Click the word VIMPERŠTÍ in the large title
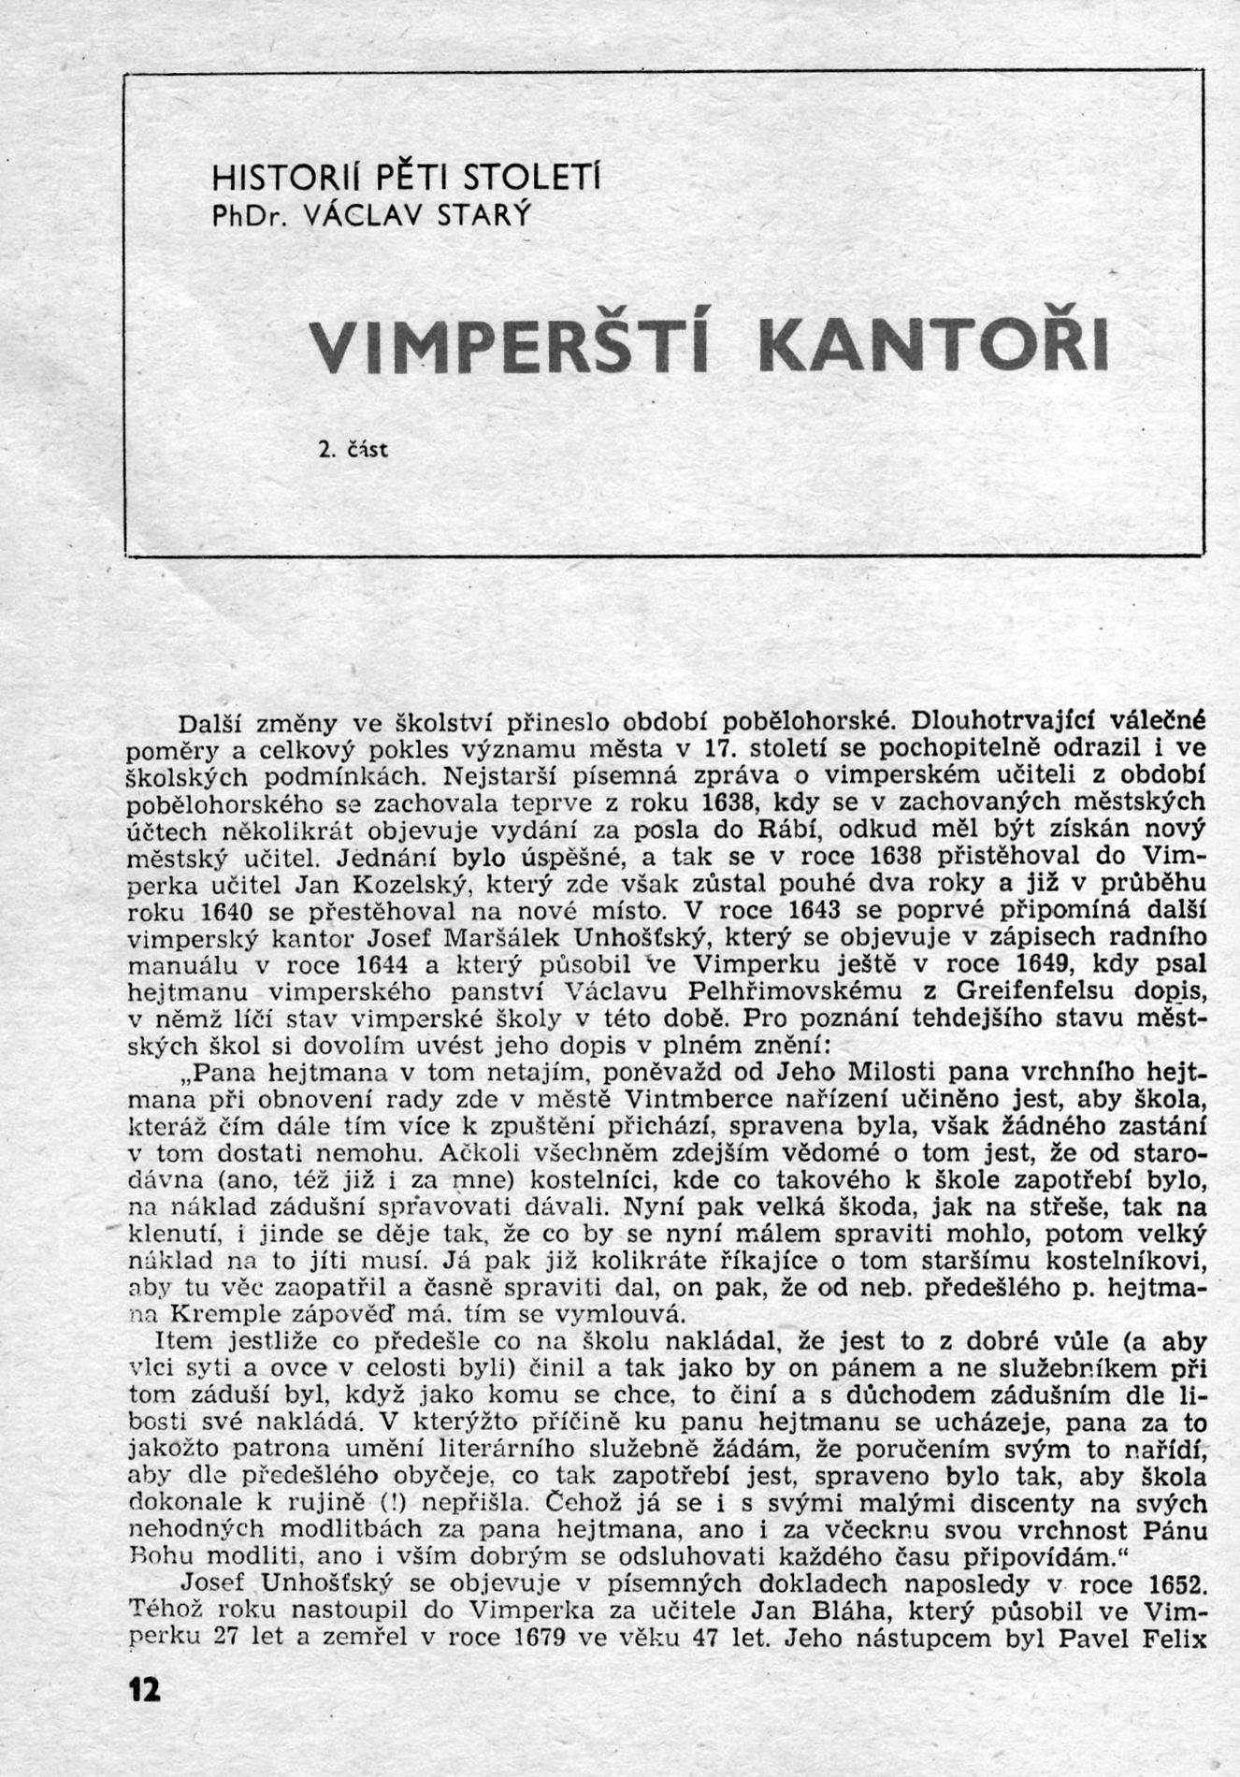(x=510, y=346)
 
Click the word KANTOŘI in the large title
(x=932, y=346)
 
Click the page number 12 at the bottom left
(x=145, y=1689)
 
